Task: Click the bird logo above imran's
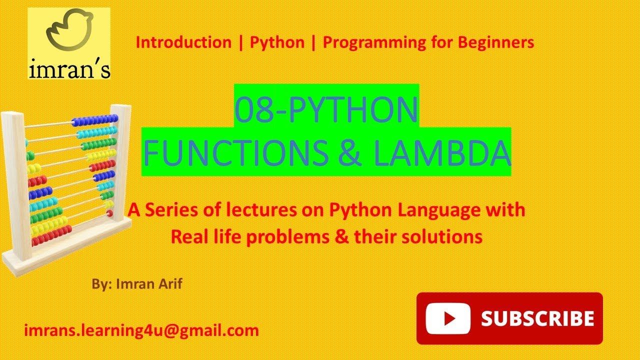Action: coord(69,29)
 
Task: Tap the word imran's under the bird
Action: coord(69,68)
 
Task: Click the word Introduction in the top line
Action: coord(183,42)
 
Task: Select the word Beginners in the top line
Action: coord(496,43)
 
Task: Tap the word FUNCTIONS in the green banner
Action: coord(236,152)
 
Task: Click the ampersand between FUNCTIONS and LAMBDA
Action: coord(350,152)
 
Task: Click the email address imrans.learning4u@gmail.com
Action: coord(141,331)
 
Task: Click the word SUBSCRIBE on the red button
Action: coord(537,318)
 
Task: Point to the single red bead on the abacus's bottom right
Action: coord(109,213)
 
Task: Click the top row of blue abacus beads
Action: coord(94,120)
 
